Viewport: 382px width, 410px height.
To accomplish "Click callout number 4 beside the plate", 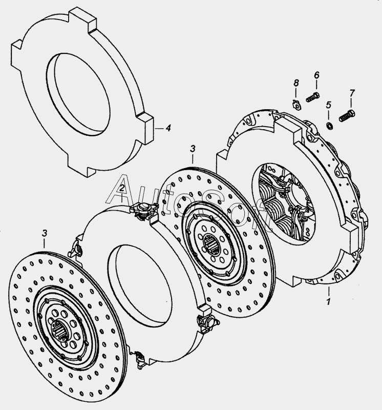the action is [x=168, y=128].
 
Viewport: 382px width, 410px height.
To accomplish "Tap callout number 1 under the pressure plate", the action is [x=328, y=301].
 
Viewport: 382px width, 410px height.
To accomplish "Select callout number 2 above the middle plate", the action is [x=122, y=188].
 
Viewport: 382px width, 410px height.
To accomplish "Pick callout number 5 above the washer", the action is [x=328, y=105].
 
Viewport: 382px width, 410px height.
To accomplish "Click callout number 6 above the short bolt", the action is [x=316, y=75].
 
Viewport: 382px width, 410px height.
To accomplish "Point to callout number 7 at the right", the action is [x=352, y=93].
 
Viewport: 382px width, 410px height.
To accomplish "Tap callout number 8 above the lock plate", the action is [x=296, y=83].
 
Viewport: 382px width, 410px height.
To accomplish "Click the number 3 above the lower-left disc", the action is [x=45, y=233].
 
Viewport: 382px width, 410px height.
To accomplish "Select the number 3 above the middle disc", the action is [x=193, y=149].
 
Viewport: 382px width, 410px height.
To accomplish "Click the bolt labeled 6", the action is [x=313, y=97].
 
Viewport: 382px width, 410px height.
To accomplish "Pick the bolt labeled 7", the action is [x=347, y=116].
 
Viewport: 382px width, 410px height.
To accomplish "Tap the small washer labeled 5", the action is [x=330, y=126].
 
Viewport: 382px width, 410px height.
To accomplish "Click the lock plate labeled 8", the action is [x=296, y=104].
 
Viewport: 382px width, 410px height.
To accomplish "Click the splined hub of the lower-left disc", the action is [x=60, y=330].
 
